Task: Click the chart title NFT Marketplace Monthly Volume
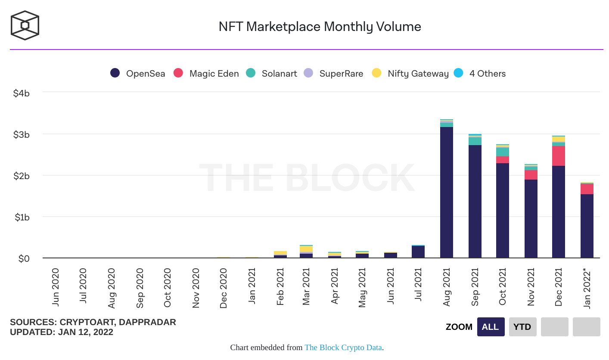click(x=320, y=27)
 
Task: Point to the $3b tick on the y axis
click(x=21, y=135)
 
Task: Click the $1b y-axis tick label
click(x=21, y=217)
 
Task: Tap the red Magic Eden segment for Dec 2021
click(x=559, y=156)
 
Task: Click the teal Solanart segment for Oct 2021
click(x=503, y=152)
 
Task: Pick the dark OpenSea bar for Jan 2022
click(x=587, y=226)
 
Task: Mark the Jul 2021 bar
click(x=418, y=252)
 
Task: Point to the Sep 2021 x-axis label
click(x=475, y=287)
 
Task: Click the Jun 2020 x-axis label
click(x=55, y=287)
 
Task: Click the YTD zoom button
click(x=522, y=327)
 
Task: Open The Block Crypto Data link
click(x=343, y=348)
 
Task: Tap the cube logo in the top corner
click(x=25, y=25)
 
